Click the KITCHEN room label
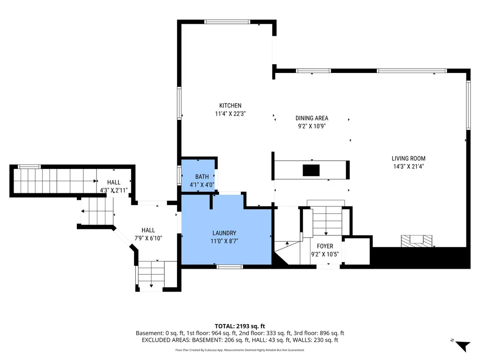pos(230,106)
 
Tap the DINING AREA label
pos(311,118)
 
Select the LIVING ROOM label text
pos(408,159)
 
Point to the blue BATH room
pos(198,176)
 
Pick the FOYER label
pos(325,246)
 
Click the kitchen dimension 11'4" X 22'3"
pos(230,114)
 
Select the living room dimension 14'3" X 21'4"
pos(408,167)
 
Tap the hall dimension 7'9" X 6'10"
pos(148,238)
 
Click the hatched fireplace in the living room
pos(416,241)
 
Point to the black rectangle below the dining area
pos(311,170)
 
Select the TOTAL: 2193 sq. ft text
pos(240,326)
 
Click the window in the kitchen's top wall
pos(227,22)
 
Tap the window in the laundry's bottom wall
pos(230,267)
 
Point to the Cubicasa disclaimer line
pos(240,350)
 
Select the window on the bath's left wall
pos(179,176)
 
